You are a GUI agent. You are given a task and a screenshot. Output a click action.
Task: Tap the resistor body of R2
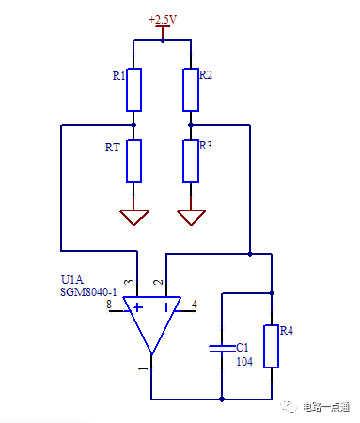pos(191,88)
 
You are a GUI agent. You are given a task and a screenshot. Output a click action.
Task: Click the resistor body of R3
pos(191,161)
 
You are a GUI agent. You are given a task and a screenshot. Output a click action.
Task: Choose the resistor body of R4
pos(272,346)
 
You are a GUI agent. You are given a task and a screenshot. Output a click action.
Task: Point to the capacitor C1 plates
pos(221,348)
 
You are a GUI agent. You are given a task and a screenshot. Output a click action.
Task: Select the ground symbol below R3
pos(191,217)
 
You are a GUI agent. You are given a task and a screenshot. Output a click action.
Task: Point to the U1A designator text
pos(71,280)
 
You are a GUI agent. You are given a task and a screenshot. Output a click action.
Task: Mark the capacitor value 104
pos(243,361)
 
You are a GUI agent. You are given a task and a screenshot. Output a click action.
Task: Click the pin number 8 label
pos(109,305)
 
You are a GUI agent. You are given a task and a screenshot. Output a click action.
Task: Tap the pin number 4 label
pos(194,305)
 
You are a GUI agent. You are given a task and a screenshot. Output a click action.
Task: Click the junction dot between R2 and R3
pos(191,125)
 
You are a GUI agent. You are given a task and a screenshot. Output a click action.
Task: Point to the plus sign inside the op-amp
pos(138,306)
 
